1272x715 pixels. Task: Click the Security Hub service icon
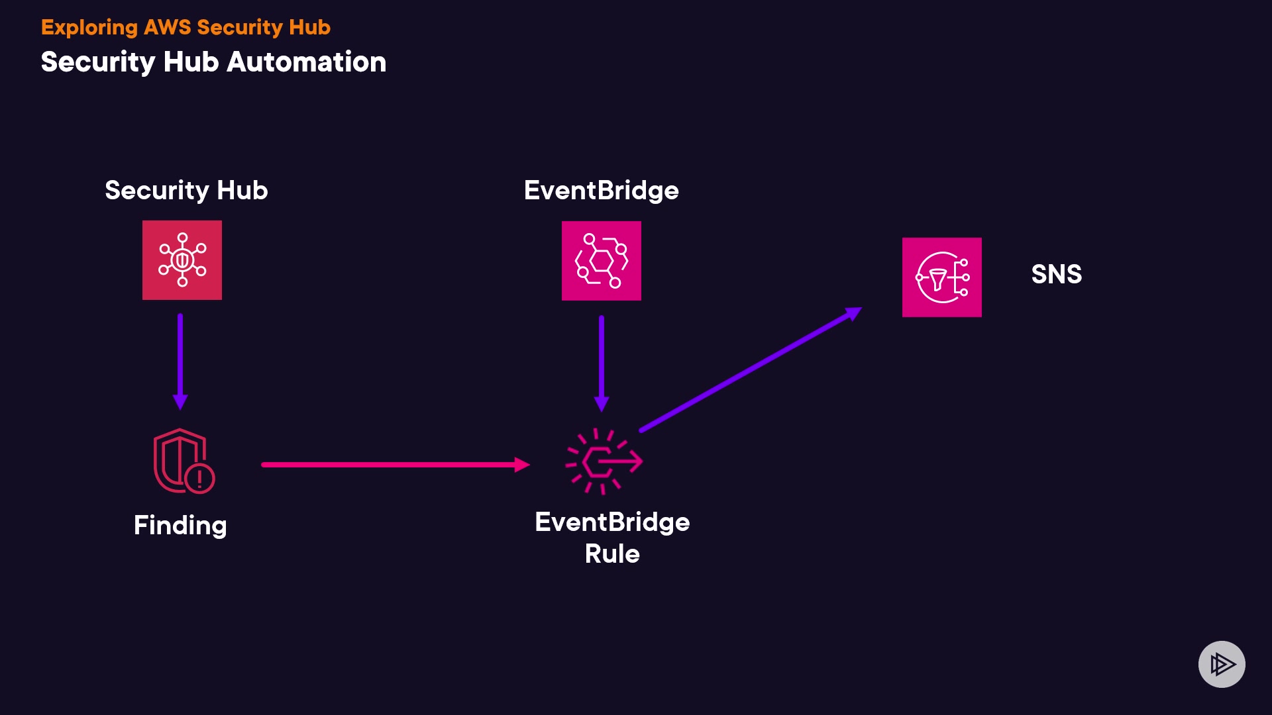point(182,260)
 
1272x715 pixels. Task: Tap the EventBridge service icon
point(602,261)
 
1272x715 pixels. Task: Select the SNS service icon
point(942,277)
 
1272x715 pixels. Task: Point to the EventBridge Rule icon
point(604,461)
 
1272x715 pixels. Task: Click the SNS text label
point(1057,274)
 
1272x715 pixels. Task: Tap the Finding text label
point(180,526)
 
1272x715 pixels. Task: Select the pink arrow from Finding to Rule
point(396,465)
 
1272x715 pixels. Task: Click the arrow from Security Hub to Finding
point(180,362)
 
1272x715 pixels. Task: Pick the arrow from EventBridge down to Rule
point(602,363)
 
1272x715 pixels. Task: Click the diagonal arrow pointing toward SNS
point(751,369)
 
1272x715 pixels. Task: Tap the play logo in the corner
point(1222,664)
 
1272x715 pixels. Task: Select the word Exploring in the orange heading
point(89,28)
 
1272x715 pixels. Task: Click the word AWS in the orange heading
point(168,27)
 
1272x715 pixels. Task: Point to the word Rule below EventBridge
point(612,553)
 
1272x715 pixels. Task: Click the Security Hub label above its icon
point(186,191)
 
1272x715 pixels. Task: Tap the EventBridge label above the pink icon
point(602,191)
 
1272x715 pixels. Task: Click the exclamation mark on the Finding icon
point(199,478)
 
